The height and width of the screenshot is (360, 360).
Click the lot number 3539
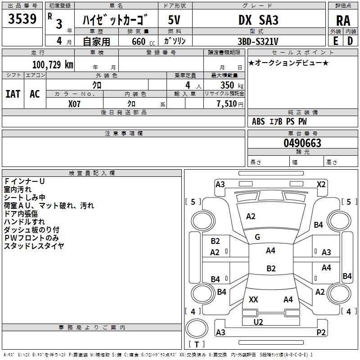(x=22, y=19)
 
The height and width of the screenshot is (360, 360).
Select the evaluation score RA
(x=343, y=21)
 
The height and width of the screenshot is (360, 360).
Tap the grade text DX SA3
(x=259, y=20)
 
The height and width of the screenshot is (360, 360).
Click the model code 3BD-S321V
(x=259, y=41)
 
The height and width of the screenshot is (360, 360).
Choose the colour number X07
(x=75, y=103)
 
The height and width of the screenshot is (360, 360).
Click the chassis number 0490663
(x=302, y=143)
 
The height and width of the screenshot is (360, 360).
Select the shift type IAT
(x=13, y=94)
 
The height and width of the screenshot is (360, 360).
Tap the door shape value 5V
(x=175, y=20)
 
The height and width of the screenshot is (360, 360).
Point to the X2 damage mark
(x=321, y=184)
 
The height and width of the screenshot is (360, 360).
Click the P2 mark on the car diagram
(x=321, y=332)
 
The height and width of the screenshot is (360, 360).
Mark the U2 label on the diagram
(x=258, y=322)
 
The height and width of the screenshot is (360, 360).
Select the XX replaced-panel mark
(x=253, y=299)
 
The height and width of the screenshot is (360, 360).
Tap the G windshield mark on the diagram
(x=257, y=237)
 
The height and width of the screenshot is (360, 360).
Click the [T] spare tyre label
(x=196, y=345)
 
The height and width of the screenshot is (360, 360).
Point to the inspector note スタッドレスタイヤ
(x=34, y=246)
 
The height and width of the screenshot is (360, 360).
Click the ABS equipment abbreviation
(x=258, y=121)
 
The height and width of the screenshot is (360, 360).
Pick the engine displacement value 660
(x=139, y=41)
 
